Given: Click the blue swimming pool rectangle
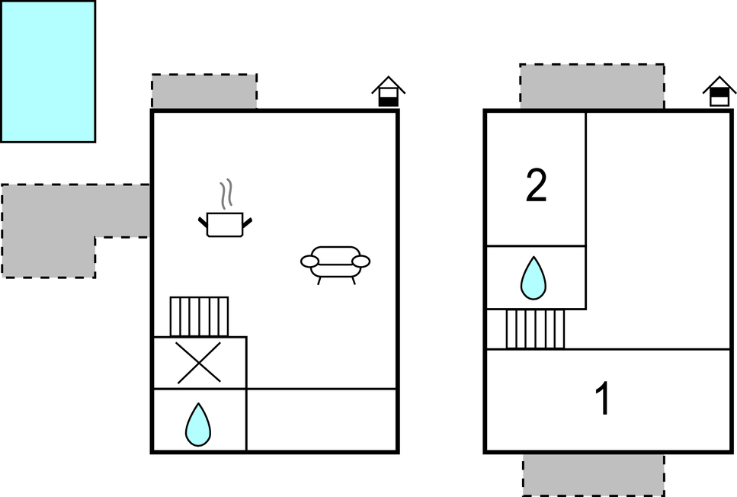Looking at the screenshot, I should click(x=47, y=71).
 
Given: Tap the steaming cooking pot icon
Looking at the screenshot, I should click(x=225, y=223).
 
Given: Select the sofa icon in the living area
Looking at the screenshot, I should click(x=335, y=263).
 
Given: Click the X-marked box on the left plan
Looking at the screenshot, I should click(x=199, y=362).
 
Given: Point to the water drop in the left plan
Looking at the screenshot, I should click(x=198, y=425).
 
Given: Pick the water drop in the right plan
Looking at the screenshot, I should click(x=534, y=278).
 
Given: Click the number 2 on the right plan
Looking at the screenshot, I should click(x=537, y=187).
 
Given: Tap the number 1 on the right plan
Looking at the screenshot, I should click(x=603, y=399).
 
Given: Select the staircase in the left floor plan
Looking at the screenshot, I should click(x=199, y=316).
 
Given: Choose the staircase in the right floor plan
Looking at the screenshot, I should click(x=536, y=329).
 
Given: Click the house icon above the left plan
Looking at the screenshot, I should click(x=389, y=91).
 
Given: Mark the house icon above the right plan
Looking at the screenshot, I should click(x=719, y=91).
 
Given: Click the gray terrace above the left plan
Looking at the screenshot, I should click(x=204, y=91).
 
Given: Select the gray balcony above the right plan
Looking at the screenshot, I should click(x=592, y=86).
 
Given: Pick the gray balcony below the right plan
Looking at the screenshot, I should click(x=593, y=474).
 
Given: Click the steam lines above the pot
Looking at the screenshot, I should click(x=226, y=195).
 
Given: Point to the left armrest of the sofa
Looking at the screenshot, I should click(x=310, y=262).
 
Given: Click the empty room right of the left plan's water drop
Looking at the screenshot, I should click(x=322, y=420).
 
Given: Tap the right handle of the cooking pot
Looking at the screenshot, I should click(x=247, y=222).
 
